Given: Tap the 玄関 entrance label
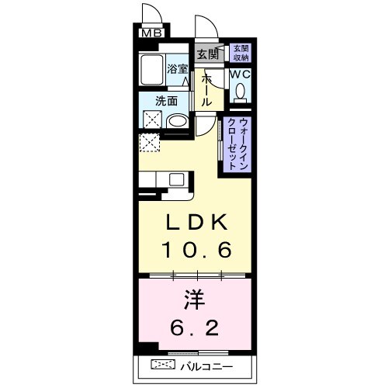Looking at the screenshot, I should point(207,54).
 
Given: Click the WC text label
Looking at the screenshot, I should point(240,74).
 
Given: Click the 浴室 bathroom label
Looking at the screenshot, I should point(178,69).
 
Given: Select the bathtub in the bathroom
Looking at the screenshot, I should point(152,71).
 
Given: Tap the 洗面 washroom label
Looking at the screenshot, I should point(166,101).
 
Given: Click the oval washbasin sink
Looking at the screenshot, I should point(178,122).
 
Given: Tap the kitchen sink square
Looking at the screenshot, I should point(176,180).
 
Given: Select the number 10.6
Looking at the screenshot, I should point(196,251).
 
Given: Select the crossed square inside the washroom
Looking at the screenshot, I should point(151,120).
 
